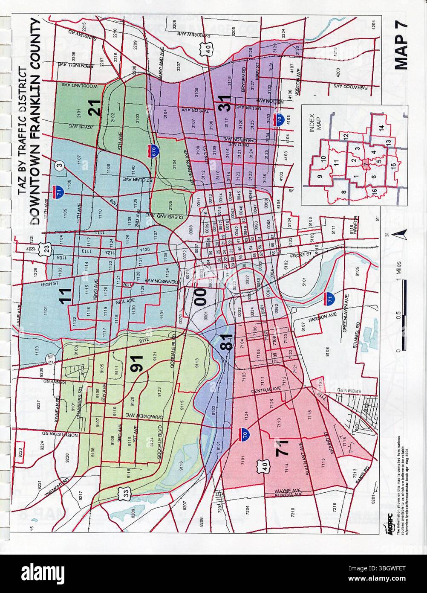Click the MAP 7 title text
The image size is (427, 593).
(401, 44)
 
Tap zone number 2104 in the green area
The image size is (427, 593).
(174, 165)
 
